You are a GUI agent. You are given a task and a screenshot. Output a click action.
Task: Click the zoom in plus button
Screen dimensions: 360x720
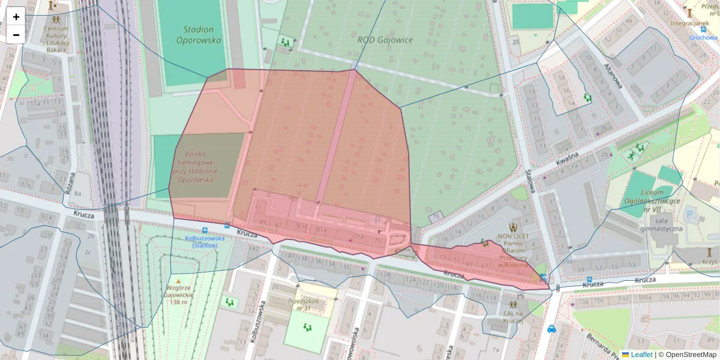(16, 16)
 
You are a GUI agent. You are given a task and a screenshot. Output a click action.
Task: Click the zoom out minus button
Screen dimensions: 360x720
(16, 34)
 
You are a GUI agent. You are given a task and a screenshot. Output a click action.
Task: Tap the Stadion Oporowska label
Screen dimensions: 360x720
(199, 35)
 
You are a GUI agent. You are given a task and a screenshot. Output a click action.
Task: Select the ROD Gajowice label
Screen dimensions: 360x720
(385, 40)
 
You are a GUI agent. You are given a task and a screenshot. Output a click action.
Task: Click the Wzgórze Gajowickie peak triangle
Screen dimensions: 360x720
(179, 281)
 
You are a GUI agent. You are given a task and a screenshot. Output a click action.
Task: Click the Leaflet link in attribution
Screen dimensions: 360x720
(641, 355)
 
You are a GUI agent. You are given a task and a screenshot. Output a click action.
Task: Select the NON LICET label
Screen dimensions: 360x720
(512, 238)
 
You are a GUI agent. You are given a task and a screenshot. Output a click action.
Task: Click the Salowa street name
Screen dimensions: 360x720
(529, 181)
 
